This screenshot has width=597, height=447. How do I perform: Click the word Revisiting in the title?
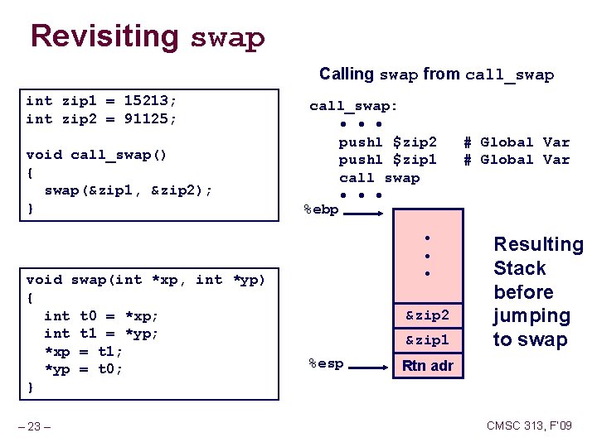tap(104, 36)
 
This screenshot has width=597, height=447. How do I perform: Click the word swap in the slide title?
tap(228, 39)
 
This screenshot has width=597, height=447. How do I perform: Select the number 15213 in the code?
tap(150, 101)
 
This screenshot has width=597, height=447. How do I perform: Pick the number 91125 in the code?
tap(150, 119)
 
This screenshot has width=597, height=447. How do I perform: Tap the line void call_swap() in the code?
tap(96, 155)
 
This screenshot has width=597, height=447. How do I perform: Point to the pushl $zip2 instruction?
tap(387, 142)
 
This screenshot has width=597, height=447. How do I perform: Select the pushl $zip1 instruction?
tap(387, 160)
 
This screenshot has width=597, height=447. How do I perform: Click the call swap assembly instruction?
tap(379, 178)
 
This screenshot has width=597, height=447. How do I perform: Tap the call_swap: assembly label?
tap(353, 106)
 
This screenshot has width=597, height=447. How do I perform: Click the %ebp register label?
tap(321, 210)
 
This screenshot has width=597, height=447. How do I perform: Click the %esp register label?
tap(325, 363)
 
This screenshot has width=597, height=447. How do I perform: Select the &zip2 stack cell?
tap(427, 315)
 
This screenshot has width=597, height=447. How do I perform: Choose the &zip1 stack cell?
tap(427, 339)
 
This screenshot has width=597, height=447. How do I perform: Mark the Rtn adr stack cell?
tap(427, 365)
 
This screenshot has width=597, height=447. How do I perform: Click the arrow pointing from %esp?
tap(370, 363)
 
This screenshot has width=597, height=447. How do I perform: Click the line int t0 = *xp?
tap(101, 315)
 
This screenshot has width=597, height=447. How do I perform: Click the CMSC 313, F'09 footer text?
tap(529, 426)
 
